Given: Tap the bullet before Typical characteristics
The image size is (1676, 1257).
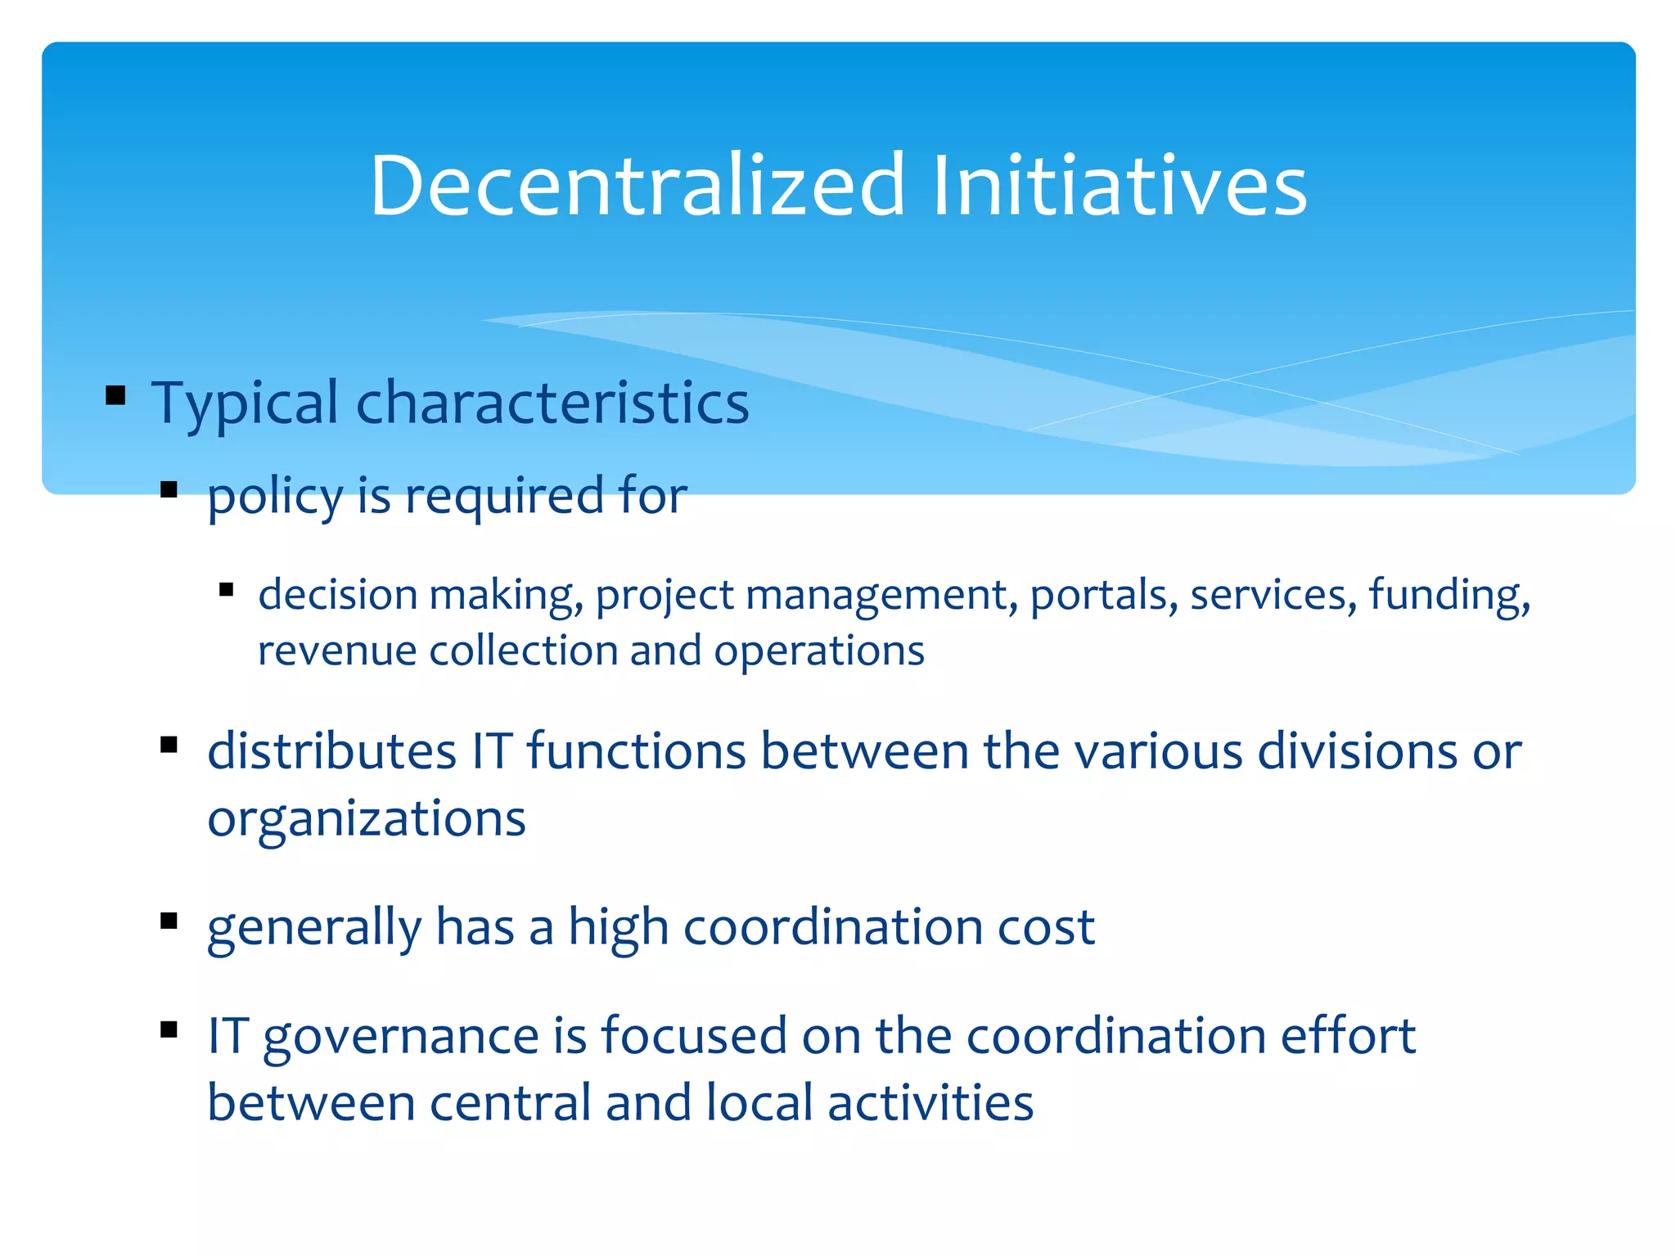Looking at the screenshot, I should tap(115, 396).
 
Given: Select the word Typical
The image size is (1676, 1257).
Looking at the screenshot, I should tap(245, 403).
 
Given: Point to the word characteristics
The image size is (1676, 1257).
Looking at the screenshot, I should tap(552, 403).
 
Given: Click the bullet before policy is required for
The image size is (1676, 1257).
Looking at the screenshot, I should tap(169, 490).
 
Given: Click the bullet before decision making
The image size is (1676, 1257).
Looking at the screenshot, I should tap(227, 589).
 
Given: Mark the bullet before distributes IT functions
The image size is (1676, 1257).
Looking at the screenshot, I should tap(169, 745).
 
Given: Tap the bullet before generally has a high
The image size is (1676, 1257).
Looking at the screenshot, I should tap(169, 921).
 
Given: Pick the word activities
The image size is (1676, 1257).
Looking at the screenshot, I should tap(930, 1103).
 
